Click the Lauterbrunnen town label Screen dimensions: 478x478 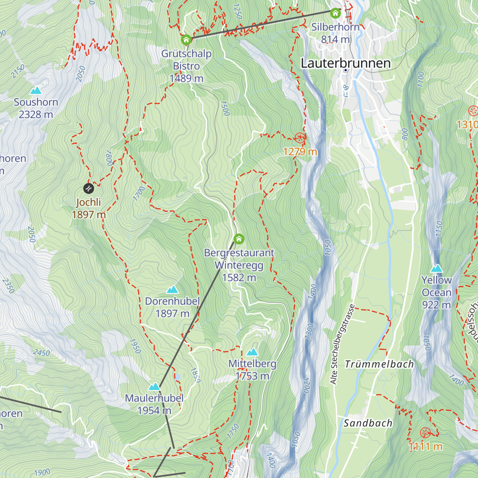click(345, 63)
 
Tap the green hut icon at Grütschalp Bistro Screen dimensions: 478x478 click(186, 40)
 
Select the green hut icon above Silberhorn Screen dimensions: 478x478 click(335, 13)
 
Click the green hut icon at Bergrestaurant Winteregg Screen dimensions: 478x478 click(239, 239)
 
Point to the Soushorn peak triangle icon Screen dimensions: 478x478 click(36, 90)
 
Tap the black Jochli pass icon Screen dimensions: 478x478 click(88, 188)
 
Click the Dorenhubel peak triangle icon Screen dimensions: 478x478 click(172, 290)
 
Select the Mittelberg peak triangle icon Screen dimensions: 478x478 click(252, 352)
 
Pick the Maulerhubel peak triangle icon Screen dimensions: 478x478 click(154, 386)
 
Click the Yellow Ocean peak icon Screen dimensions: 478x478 click(437, 268)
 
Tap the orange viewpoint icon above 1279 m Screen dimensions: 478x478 click(300, 138)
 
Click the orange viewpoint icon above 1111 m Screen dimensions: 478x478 click(425, 433)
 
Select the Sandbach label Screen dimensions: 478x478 click(368, 423)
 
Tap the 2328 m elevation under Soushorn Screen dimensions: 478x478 click(36, 115)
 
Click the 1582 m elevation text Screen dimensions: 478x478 click(239, 278)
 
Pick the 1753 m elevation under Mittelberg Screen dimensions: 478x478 click(252, 376)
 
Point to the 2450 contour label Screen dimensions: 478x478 click(41, 353)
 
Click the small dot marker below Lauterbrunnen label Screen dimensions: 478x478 click(346, 71)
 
